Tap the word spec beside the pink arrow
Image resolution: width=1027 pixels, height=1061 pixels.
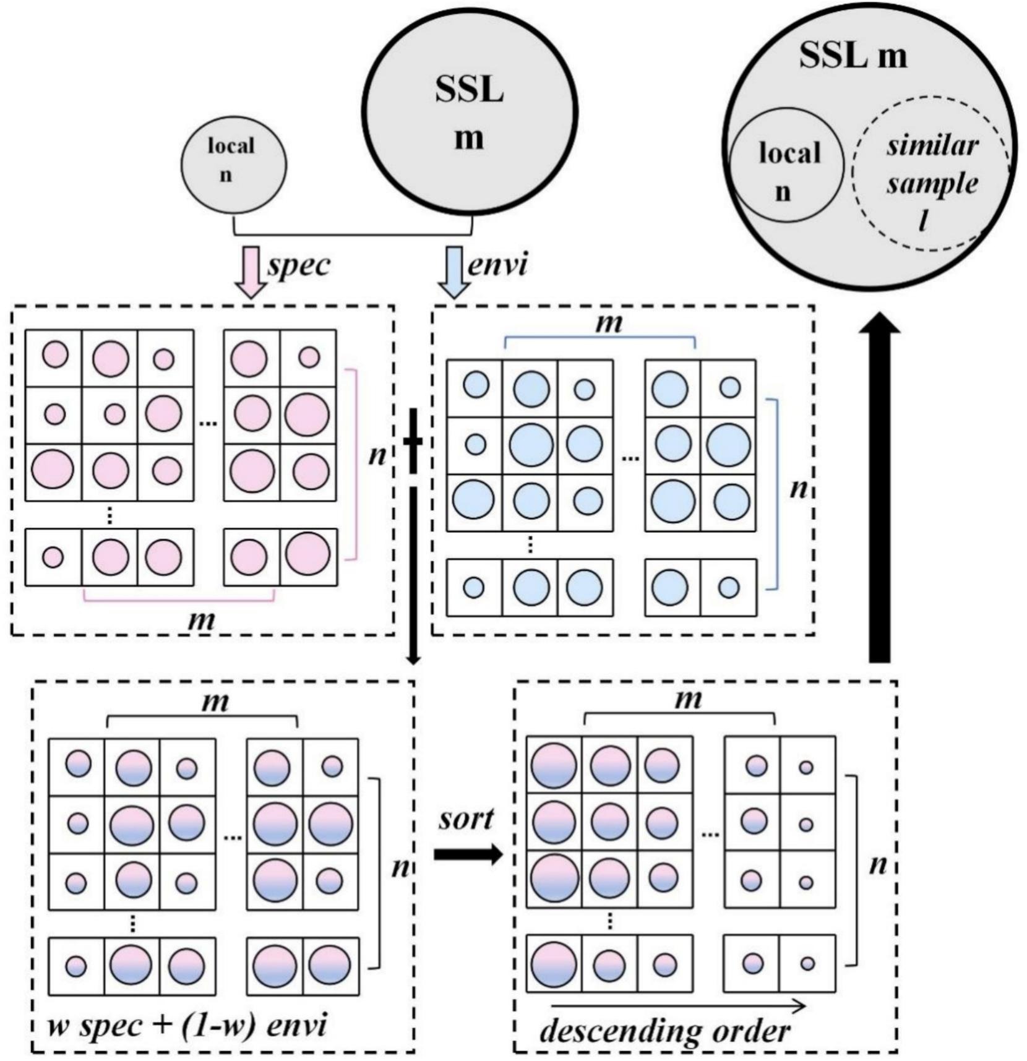click(299, 265)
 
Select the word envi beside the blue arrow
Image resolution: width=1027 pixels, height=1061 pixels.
click(498, 265)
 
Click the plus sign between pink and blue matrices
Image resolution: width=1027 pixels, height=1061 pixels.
click(413, 441)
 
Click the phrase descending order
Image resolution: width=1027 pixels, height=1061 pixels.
click(665, 1031)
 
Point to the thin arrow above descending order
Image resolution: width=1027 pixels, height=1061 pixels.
click(677, 1006)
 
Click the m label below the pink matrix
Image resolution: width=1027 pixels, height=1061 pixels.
click(202, 619)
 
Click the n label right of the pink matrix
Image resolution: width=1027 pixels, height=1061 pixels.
click(377, 456)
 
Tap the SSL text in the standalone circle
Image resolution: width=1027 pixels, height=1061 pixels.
click(469, 90)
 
